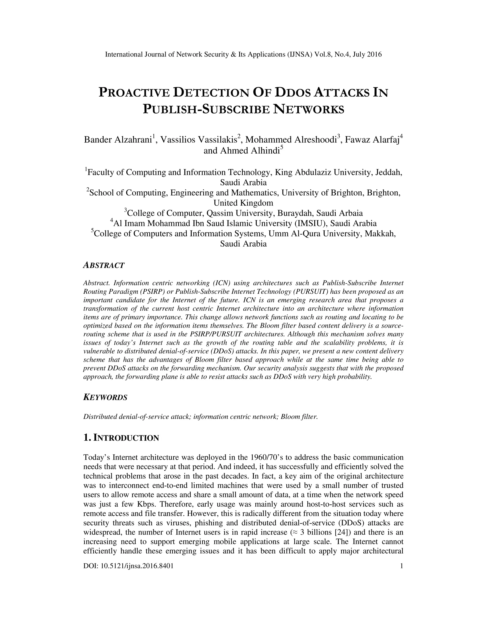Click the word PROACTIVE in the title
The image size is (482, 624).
tap(134, 93)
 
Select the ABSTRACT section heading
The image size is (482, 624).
tap(104, 265)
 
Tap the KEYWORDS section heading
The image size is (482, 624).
tap(105, 397)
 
